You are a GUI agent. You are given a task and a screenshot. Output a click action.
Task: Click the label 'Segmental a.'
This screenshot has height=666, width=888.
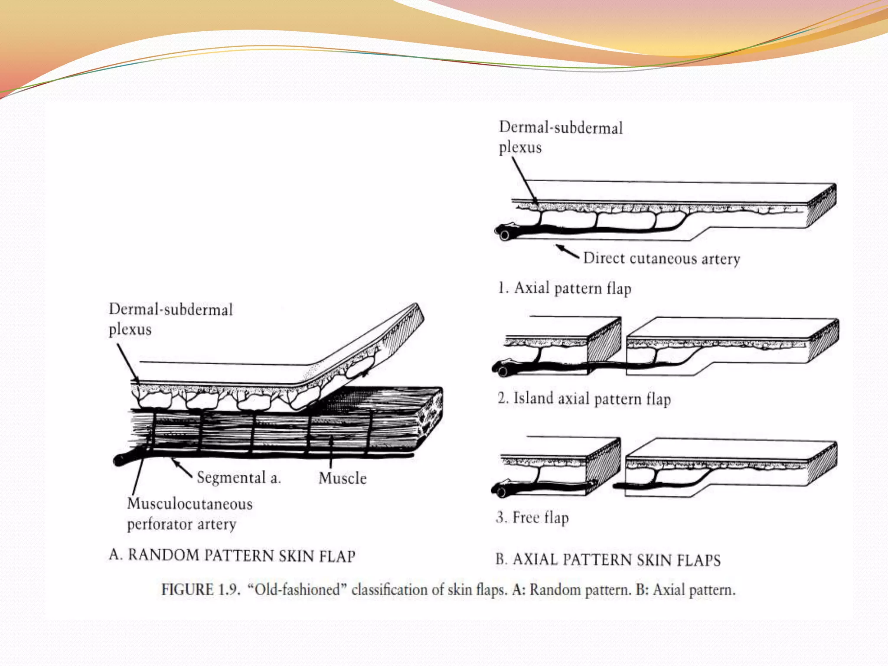click(239, 477)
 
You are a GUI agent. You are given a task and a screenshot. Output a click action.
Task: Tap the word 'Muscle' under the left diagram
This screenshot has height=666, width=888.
click(343, 478)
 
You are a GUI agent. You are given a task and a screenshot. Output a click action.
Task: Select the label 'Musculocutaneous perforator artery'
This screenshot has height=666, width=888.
click(189, 514)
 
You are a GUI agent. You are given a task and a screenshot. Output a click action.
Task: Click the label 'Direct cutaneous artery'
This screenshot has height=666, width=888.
click(662, 258)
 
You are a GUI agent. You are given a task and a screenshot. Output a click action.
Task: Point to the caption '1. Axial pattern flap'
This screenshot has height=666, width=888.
click(565, 288)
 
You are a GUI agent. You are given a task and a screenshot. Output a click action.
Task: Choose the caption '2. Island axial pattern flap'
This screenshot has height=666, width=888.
click(584, 398)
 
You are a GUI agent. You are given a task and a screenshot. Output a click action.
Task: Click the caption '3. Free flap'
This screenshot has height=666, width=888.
click(532, 517)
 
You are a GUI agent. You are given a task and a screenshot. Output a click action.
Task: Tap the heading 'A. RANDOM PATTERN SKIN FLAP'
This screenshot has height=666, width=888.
click(232, 555)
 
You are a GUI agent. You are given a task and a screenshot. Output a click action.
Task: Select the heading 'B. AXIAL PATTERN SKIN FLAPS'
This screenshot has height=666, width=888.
click(608, 560)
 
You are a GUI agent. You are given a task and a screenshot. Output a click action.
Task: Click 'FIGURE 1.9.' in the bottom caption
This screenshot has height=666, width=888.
click(200, 590)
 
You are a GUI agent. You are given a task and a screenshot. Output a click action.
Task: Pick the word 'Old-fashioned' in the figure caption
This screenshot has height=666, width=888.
click(297, 590)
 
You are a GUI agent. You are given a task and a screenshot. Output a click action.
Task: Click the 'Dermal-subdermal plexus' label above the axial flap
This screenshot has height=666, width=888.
click(560, 137)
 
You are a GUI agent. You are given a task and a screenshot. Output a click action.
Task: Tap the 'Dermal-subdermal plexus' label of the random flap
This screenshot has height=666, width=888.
click(170, 319)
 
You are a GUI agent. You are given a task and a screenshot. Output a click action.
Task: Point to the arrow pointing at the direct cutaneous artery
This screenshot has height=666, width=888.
click(568, 251)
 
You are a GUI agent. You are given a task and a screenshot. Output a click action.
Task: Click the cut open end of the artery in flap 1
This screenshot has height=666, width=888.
click(504, 235)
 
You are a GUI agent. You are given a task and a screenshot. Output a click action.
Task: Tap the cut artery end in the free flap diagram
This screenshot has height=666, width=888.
click(501, 493)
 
